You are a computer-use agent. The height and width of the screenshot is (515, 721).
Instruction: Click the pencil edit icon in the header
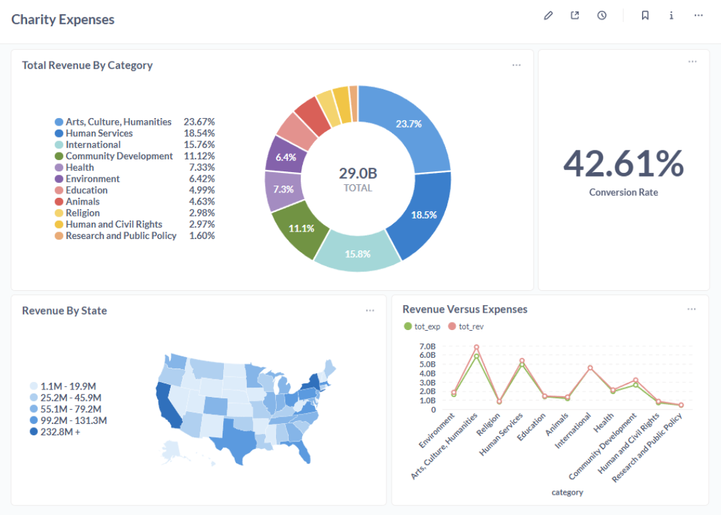tap(548, 16)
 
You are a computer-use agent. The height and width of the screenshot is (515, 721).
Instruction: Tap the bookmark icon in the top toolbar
tap(645, 16)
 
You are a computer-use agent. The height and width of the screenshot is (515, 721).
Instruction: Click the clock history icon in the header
tap(602, 16)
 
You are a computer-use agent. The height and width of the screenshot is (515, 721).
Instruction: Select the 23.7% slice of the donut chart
tap(409, 124)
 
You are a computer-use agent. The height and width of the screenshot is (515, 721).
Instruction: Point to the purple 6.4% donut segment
tap(286, 157)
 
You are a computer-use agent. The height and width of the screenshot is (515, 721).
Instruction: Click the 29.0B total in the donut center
tap(357, 173)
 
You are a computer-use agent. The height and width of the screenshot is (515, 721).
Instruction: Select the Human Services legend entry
tap(98, 133)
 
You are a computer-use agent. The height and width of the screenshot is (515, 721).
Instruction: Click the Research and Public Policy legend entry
tap(121, 236)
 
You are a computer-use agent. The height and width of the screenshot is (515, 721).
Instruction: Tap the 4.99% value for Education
tap(202, 190)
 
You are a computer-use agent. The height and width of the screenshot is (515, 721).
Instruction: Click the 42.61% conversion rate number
tap(623, 164)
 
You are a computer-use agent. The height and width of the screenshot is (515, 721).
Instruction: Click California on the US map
tap(168, 406)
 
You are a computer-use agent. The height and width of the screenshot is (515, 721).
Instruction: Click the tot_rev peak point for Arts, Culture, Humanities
tap(477, 348)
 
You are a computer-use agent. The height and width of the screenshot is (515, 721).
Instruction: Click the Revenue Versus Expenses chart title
tap(465, 309)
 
